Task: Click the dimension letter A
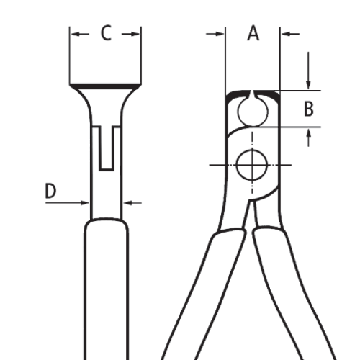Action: [x=253, y=33]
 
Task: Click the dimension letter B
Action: [x=308, y=109]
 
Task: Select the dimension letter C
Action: [x=106, y=33]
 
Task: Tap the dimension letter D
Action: [x=50, y=191]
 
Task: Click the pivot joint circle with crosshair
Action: [x=252, y=165]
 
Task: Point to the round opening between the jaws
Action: [x=253, y=112]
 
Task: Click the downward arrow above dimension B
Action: [x=308, y=71]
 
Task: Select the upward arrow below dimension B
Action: [x=309, y=138]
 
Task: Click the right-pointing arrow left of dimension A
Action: [x=215, y=34]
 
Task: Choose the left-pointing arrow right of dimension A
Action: [x=290, y=34]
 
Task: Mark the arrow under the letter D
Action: [x=67, y=203]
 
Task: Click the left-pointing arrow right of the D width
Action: [x=132, y=203]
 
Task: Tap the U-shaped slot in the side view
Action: [x=106, y=148]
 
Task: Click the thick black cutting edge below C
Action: [x=105, y=86]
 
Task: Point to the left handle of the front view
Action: [x=204, y=294]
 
